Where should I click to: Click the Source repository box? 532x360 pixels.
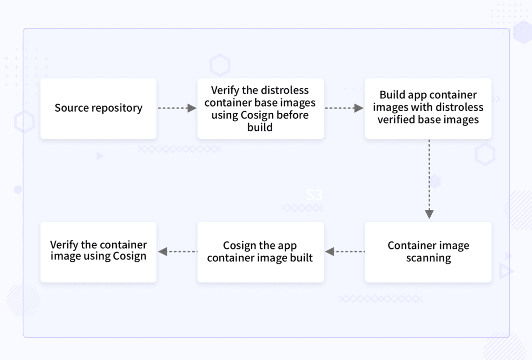click(98, 108)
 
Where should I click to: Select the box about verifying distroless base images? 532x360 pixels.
click(260, 108)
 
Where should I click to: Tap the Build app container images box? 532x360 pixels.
click(428, 108)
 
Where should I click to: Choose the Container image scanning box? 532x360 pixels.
click(428, 252)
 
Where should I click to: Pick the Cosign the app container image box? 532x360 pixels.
click(260, 252)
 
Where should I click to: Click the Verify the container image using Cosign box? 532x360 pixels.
click(98, 252)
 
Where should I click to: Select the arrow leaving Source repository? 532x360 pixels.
click(177, 108)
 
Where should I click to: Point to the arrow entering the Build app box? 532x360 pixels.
click(344, 108)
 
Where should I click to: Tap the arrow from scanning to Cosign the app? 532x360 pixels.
click(344, 252)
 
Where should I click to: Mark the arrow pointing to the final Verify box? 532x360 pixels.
click(177, 252)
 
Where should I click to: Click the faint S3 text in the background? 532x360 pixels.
click(314, 195)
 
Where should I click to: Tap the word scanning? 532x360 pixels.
click(428, 258)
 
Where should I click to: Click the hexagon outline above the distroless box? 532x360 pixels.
click(220, 66)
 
